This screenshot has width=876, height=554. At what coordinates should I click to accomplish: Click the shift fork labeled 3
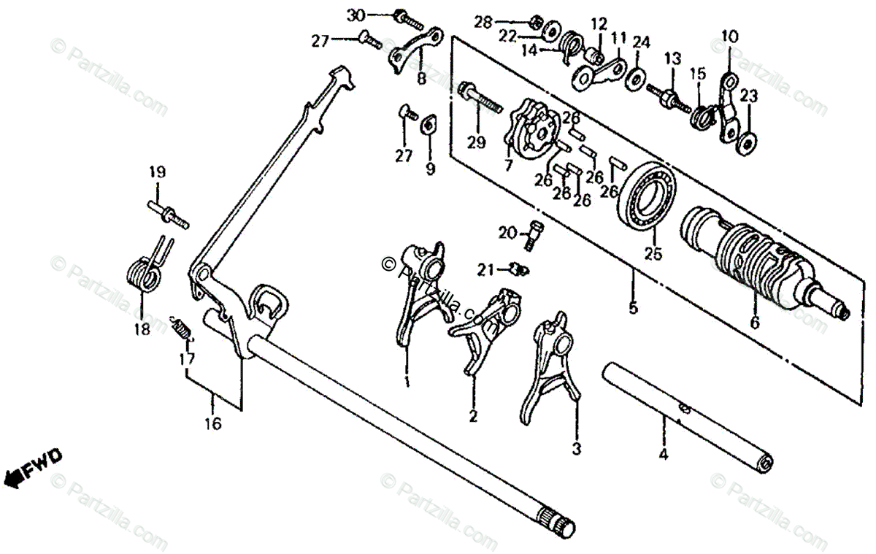tap(552, 365)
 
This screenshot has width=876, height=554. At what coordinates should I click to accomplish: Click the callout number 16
tap(212, 423)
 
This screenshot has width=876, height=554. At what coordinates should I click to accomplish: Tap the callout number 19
tap(158, 173)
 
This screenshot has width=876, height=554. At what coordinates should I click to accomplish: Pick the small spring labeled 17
tap(183, 330)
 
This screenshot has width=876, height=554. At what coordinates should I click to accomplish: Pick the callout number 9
tap(430, 169)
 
